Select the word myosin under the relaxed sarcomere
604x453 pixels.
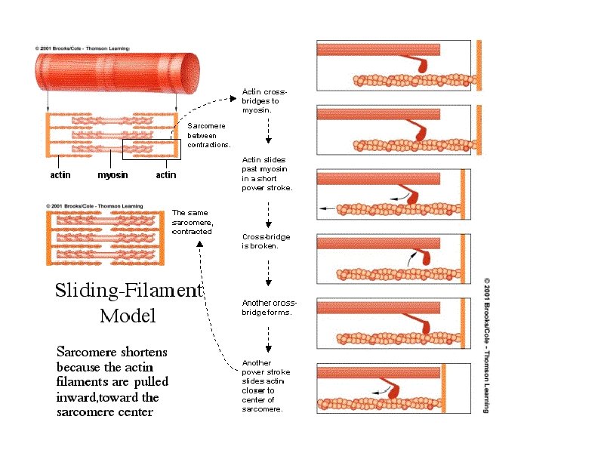point(112,175)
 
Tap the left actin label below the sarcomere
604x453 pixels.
point(60,175)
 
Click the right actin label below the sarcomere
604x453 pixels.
point(165,175)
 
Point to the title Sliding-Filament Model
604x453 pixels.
point(128,302)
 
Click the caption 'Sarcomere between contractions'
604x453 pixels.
point(208,134)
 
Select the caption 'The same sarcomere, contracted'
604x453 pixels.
point(193,222)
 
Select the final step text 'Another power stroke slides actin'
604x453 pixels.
point(266,386)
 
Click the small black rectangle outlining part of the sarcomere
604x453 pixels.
point(156,149)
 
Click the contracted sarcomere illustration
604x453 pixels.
point(106,239)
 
